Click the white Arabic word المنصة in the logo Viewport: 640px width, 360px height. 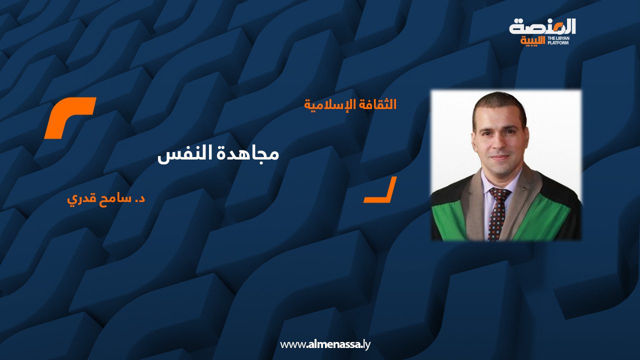point(542,27)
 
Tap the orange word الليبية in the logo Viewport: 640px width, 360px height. point(532,40)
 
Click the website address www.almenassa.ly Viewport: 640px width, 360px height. point(325,344)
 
